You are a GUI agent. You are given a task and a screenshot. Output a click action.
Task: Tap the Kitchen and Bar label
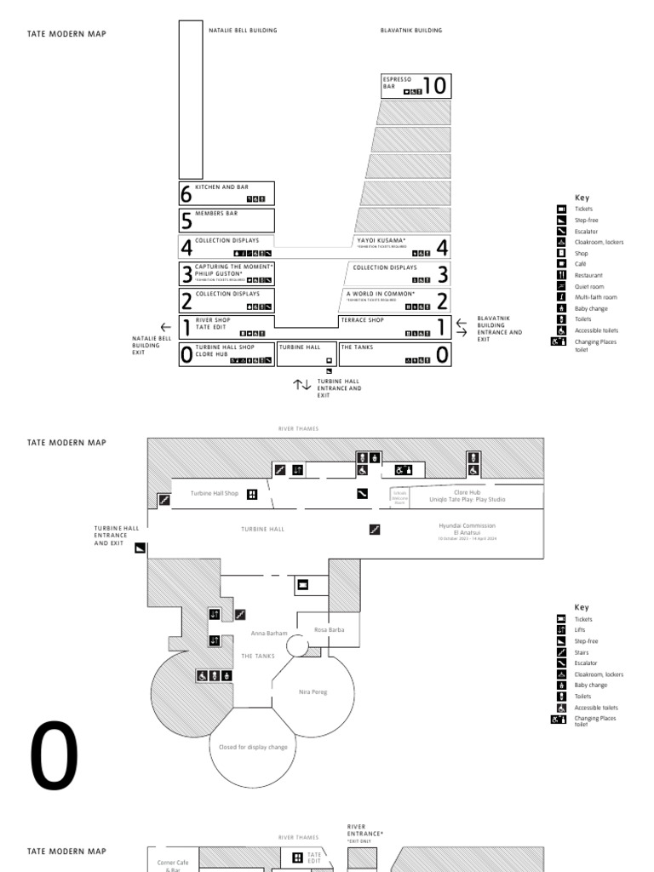point(221,186)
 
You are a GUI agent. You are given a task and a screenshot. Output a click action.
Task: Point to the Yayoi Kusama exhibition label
point(381,241)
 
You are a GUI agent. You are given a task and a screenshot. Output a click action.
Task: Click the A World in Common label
point(380,294)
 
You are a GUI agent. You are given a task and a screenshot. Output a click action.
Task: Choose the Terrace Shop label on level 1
point(362,321)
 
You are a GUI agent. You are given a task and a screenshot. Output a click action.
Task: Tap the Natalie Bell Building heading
point(243,31)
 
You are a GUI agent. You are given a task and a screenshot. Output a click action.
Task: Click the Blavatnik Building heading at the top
point(411,31)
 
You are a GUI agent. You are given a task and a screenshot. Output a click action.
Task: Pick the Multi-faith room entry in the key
point(596,297)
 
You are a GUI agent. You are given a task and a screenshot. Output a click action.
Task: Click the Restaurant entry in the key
point(588,275)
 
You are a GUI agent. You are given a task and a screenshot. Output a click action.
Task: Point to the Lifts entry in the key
point(582,630)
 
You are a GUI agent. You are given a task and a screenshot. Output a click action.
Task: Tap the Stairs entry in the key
point(584,652)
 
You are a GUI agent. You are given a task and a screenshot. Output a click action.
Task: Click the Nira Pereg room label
point(313,691)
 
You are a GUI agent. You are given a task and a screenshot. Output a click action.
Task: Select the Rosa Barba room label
point(329,630)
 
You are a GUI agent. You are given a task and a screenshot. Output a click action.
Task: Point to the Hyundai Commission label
point(467,526)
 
